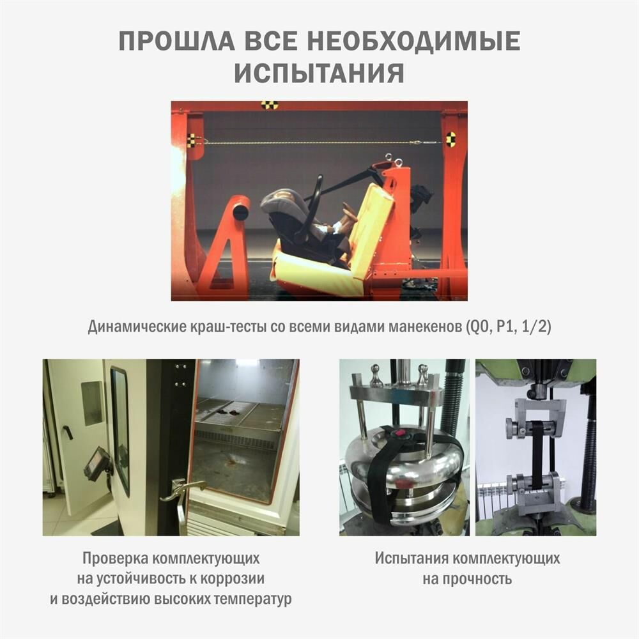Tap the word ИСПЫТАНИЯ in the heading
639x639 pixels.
319,73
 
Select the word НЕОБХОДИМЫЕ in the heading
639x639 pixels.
413,41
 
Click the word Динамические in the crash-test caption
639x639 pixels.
138,327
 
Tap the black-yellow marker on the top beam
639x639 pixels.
270,105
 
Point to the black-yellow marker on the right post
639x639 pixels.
450,139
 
